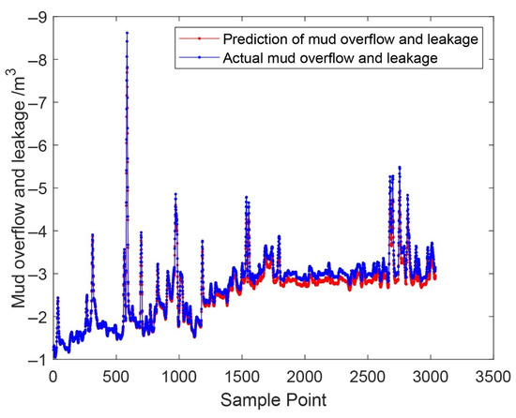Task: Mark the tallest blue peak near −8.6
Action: pyautogui.click(x=127, y=34)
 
